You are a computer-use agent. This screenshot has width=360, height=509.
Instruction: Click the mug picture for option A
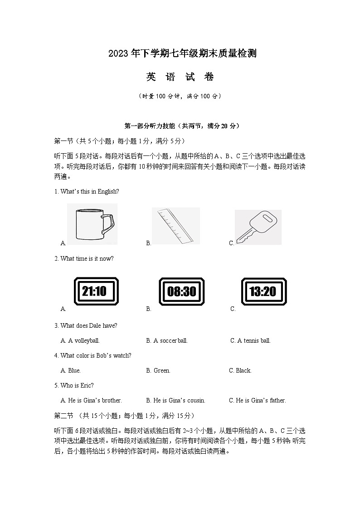(92, 225)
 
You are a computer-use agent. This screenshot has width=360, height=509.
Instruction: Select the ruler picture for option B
(175, 226)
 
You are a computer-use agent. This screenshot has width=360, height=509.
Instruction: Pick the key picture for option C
(258, 227)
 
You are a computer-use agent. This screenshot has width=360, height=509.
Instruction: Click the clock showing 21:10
(96, 291)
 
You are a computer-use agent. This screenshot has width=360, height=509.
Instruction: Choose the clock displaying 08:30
(181, 291)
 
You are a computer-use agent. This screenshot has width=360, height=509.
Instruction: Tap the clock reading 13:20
(263, 291)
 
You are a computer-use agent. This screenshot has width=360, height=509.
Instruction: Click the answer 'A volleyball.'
(80, 340)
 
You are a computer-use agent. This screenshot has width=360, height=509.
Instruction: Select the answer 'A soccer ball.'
(167, 340)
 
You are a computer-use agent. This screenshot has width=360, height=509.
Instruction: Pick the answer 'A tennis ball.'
(250, 340)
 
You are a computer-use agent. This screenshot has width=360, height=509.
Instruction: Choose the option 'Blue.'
(71, 370)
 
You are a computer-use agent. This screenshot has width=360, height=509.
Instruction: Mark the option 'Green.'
(158, 370)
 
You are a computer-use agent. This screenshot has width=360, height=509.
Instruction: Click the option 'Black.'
(240, 370)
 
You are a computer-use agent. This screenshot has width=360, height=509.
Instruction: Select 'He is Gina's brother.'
(91, 400)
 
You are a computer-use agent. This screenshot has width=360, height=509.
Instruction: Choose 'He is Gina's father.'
(258, 400)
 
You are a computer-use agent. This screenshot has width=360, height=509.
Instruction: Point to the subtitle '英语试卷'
(180, 77)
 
